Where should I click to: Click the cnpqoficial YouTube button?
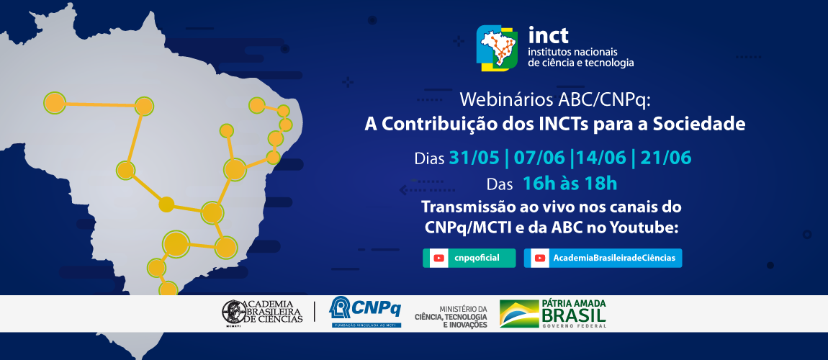pos(469,258)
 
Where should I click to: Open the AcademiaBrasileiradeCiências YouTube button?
pos(603,258)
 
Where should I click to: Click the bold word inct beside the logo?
pos(549,35)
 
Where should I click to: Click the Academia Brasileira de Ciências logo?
pos(262,311)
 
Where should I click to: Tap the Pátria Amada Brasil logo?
pos(553,312)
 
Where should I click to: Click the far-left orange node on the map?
pos(55,102)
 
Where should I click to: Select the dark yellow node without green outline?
pos(166,204)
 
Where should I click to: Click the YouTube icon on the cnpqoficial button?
pos(437,258)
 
